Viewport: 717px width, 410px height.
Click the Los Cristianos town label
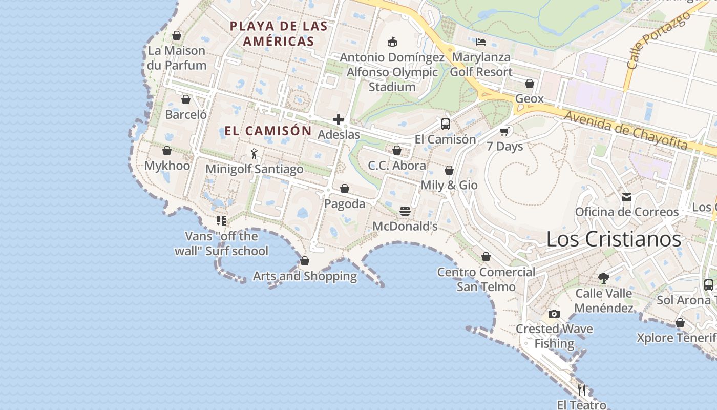coord(614,239)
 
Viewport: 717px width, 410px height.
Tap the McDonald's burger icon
coord(405,211)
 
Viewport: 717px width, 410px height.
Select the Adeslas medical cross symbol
coord(339,119)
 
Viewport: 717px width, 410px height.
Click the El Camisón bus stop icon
coord(446,124)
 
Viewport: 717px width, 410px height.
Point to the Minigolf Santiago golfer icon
coord(254,153)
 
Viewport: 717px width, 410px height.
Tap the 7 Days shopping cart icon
coord(504,132)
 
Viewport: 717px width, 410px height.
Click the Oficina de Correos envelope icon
coord(627,197)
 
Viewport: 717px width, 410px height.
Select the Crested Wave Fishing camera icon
coord(554,314)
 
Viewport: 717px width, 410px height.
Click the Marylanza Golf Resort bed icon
coord(480,42)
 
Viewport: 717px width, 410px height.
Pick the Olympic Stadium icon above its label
coord(392,42)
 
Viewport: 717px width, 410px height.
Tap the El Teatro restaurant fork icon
coord(582,390)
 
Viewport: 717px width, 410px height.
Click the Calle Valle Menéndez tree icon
coord(604,278)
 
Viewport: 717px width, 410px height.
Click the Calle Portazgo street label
coord(651,42)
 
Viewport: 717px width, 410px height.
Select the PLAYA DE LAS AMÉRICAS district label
coord(279,33)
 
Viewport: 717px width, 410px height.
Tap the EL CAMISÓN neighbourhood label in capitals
coord(268,131)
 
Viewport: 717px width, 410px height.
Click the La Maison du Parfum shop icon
coord(177,35)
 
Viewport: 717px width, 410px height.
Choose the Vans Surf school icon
coord(221,221)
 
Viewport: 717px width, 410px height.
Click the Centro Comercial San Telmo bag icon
coord(486,257)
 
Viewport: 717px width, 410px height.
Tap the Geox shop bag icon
coord(530,84)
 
